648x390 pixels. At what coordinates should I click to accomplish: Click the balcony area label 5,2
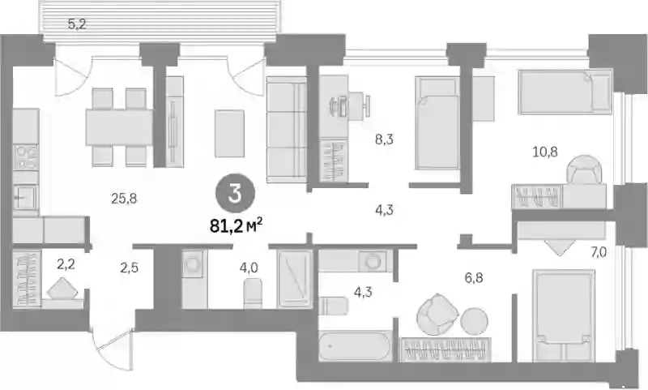click(77, 24)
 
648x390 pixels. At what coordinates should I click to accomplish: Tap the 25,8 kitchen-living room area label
click(124, 199)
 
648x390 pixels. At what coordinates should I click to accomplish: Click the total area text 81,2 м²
click(237, 226)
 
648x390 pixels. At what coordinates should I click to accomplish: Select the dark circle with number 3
click(235, 193)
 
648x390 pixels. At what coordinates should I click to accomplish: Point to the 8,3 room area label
click(384, 139)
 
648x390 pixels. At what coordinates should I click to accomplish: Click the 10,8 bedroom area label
click(545, 152)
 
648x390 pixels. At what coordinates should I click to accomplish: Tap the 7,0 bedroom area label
click(598, 251)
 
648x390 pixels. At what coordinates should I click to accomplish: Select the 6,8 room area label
click(474, 277)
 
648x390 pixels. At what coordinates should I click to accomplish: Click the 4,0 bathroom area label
click(249, 268)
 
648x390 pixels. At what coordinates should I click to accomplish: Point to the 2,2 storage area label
click(66, 264)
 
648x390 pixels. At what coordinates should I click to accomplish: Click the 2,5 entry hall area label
click(130, 268)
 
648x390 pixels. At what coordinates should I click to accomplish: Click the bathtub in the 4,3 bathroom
click(355, 345)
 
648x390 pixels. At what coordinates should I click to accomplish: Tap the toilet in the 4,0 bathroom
click(253, 293)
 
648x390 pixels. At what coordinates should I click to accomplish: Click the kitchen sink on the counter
click(26, 198)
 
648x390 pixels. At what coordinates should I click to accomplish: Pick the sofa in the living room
click(287, 130)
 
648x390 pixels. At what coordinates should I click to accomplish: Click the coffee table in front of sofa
click(229, 133)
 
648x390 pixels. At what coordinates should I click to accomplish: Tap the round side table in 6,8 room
click(474, 321)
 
